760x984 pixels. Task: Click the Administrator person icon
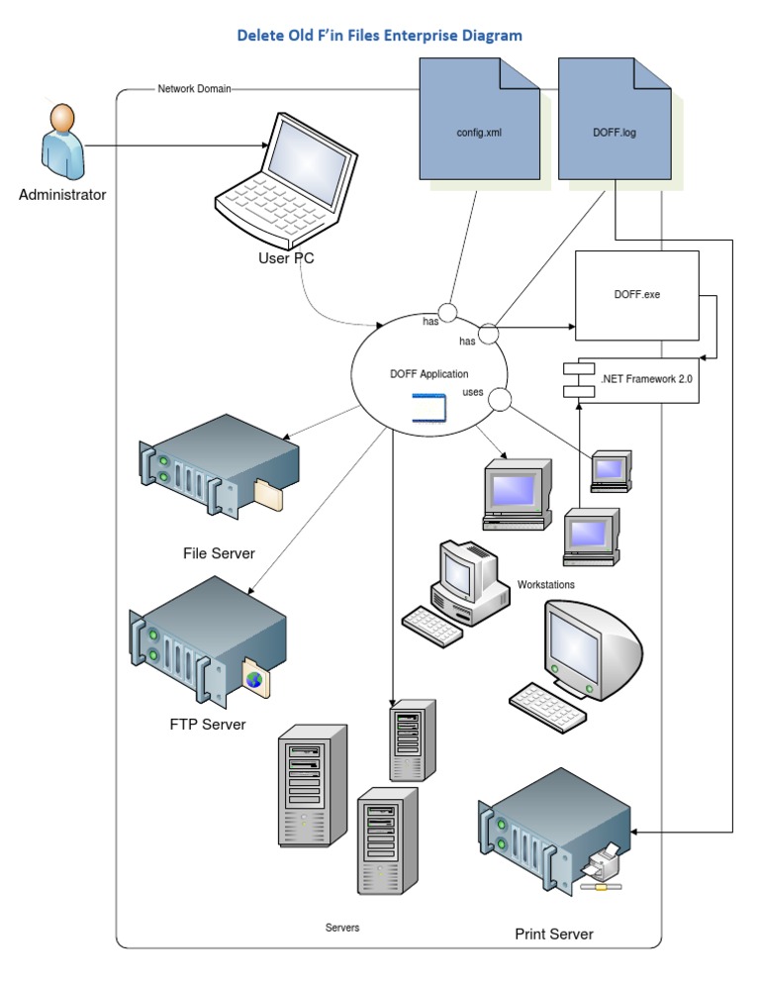click(61, 141)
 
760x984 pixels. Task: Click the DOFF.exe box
click(637, 295)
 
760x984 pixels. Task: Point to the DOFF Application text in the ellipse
click(429, 373)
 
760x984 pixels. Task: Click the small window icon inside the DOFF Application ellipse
click(429, 407)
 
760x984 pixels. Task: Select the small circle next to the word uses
click(500, 401)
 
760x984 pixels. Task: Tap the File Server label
click(219, 553)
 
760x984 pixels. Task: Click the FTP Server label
click(208, 725)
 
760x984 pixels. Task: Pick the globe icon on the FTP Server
click(254, 679)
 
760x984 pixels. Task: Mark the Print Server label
click(554, 934)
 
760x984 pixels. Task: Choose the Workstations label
click(545, 585)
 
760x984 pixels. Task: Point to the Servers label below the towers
click(342, 928)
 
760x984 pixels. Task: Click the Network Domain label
click(194, 89)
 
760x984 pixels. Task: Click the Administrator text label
click(62, 195)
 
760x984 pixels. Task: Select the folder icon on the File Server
click(267, 494)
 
